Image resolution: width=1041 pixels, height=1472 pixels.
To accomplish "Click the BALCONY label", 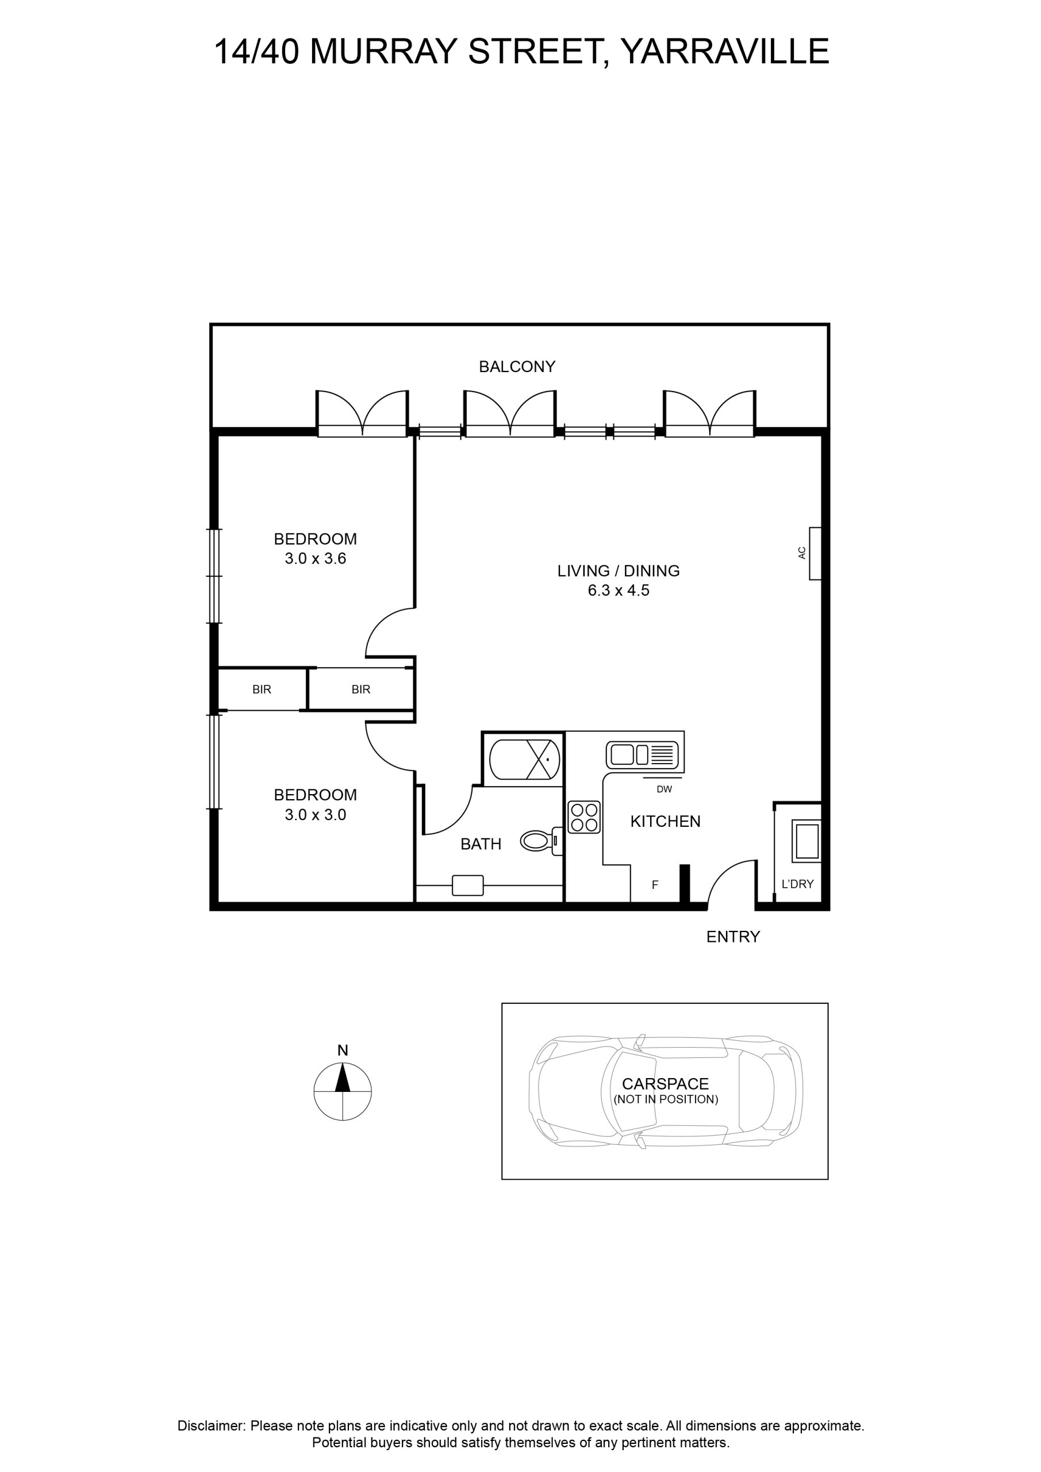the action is click(517, 367).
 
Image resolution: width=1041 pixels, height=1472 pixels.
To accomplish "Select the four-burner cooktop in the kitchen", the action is click(583, 818).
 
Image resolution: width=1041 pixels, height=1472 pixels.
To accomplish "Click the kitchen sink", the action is click(642, 754).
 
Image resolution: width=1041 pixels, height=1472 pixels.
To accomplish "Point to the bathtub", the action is click(524, 760).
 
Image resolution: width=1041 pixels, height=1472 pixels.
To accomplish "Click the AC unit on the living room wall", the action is click(815, 553).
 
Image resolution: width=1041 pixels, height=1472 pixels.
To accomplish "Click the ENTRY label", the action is click(733, 937).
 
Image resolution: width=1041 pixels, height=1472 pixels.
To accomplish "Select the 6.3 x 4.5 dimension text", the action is click(619, 591).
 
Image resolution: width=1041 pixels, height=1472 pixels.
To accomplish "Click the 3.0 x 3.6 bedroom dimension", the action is click(316, 558).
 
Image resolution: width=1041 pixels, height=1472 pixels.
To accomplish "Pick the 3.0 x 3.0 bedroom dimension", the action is click(316, 815).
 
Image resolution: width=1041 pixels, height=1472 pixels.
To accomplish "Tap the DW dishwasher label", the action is click(664, 789).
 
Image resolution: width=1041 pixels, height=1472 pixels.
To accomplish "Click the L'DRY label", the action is click(797, 884).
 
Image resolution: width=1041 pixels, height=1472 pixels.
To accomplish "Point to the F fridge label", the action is click(655, 885).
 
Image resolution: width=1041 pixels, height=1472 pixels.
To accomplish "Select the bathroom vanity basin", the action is click(468, 885).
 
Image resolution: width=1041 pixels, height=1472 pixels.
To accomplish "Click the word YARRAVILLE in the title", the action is click(725, 51).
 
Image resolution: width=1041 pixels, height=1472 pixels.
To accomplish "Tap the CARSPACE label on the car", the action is click(666, 1084).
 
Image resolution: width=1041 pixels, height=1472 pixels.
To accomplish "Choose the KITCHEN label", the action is click(666, 821).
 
